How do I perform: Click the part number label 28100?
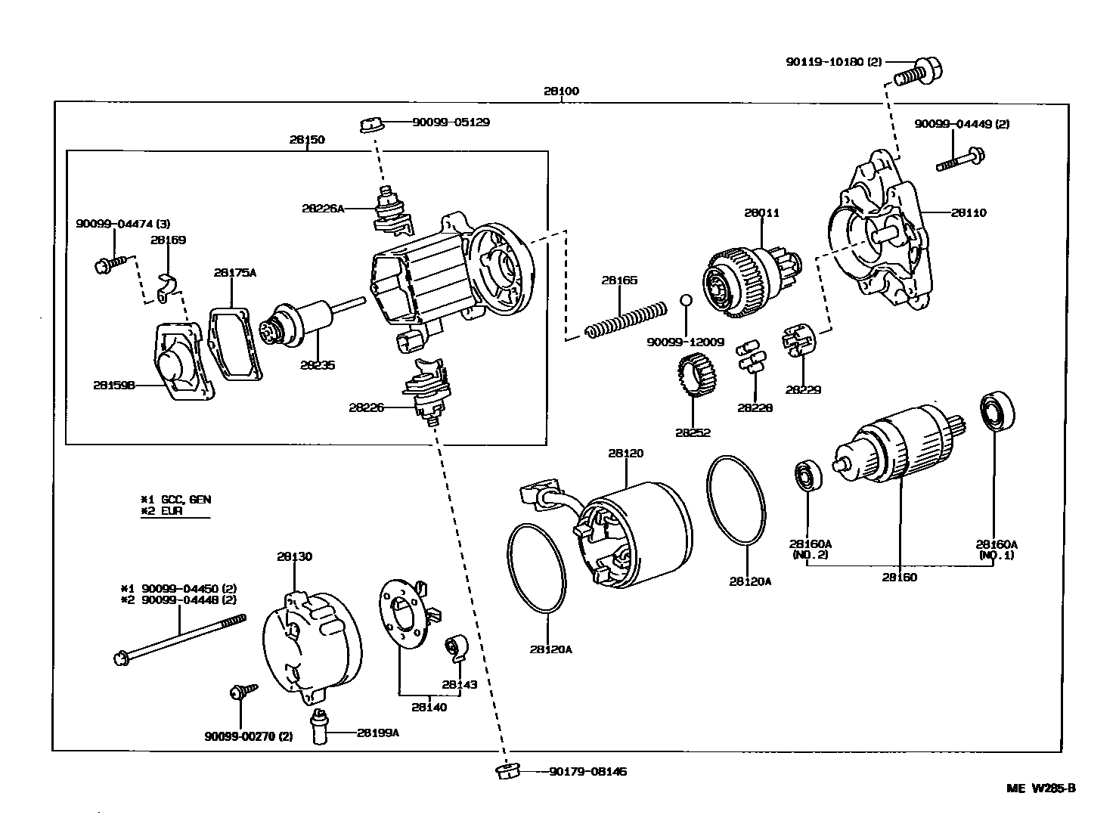[x=560, y=91]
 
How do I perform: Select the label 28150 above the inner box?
[x=306, y=140]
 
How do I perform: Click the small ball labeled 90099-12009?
[x=686, y=300]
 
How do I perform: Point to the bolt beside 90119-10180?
[x=918, y=71]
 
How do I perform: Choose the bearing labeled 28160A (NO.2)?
[x=807, y=476]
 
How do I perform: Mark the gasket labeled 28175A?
[x=234, y=343]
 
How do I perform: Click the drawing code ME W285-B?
[x=1041, y=788]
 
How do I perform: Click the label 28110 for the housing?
[x=969, y=213]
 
